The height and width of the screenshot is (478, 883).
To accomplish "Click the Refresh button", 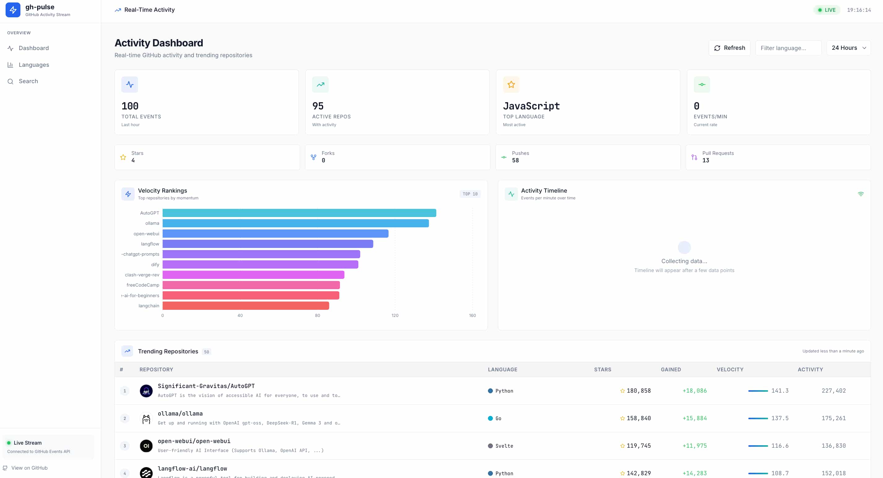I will pyautogui.click(x=729, y=48).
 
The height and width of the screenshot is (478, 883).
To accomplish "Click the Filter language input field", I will pyautogui.click(x=788, y=48).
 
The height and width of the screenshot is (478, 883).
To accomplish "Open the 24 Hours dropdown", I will pyautogui.click(x=848, y=48).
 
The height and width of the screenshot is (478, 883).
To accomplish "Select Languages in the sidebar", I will pyautogui.click(x=33, y=65).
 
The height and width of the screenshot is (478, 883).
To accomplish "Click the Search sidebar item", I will pyautogui.click(x=28, y=81).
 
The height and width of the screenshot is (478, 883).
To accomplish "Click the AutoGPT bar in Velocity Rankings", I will pyautogui.click(x=299, y=213).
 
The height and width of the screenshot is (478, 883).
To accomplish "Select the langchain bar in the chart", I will pyautogui.click(x=246, y=306).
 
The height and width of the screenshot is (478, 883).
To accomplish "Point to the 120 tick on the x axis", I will pyautogui.click(x=395, y=315).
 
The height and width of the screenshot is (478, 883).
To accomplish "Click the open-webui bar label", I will pyautogui.click(x=146, y=233).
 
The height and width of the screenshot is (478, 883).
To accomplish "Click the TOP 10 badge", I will pyautogui.click(x=470, y=194).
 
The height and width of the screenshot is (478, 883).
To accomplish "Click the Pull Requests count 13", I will pyautogui.click(x=705, y=160).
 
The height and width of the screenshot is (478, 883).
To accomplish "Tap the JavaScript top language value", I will pyautogui.click(x=531, y=106).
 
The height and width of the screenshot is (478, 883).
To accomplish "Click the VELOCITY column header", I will pyautogui.click(x=730, y=369).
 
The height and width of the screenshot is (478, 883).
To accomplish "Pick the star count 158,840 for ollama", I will pyautogui.click(x=638, y=418).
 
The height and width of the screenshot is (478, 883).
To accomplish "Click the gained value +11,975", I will pyautogui.click(x=694, y=446).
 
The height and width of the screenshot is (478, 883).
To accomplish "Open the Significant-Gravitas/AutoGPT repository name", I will pyautogui.click(x=206, y=386).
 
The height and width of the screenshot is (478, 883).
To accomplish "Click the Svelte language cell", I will pyautogui.click(x=503, y=446).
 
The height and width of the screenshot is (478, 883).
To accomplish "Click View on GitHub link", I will pyautogui.click(x=29, y=468).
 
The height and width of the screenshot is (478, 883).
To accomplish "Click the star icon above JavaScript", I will pyautogui.click(x=511, y=85).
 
